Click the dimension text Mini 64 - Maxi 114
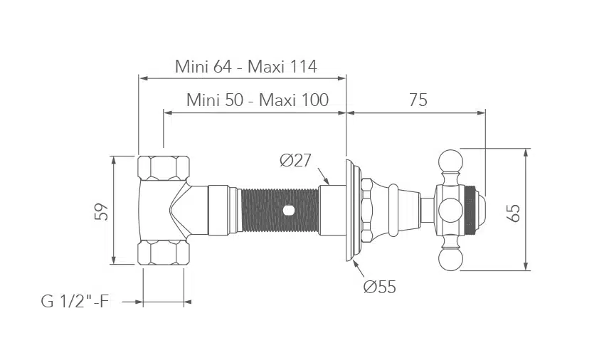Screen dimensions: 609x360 click(246, 66)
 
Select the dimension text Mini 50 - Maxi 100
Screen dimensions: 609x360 click(258, 100)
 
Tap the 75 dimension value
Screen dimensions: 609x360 click(418, 100)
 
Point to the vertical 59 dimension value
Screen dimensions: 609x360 click(102, 211)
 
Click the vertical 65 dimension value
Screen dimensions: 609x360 click(514, 213)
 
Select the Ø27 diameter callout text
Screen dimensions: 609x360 click(295, 160)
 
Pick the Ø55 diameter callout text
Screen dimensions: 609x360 click(380, 287)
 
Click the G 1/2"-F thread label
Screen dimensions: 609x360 click(75, 301)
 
